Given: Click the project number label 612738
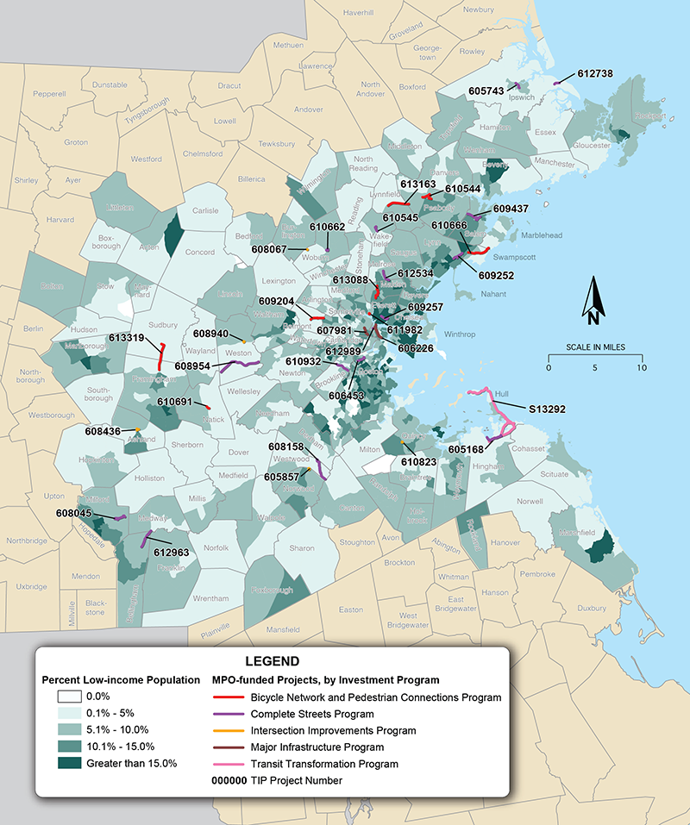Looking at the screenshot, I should [595, 74].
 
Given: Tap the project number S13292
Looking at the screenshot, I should [547, 409].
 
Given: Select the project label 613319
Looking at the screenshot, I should [127, 338].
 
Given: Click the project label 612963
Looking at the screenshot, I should [171, 552].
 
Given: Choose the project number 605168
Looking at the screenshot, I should [466, 450].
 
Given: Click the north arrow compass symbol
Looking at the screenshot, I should [593, 301].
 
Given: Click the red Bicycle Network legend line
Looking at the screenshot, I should [228, 697].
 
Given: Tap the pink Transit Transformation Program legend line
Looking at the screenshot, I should [228, 764].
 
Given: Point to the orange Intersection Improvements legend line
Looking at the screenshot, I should [228, 731].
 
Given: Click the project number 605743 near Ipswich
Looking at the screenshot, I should [486, 90].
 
